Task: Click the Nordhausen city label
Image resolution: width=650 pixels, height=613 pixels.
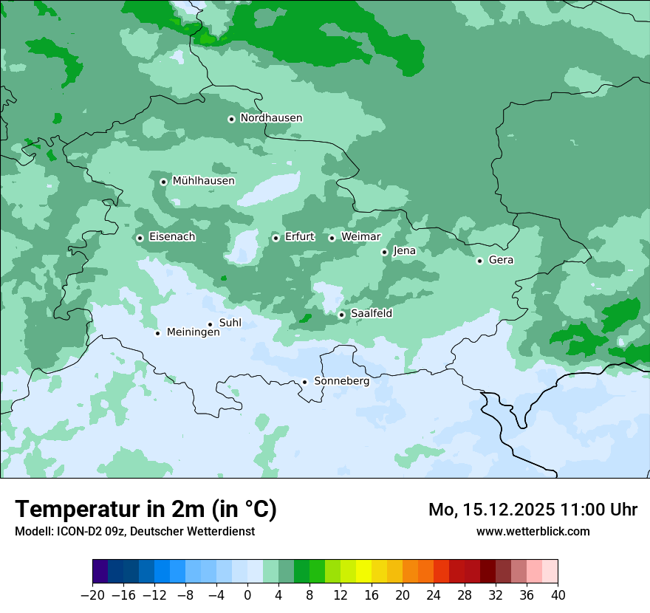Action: tap(271, 118)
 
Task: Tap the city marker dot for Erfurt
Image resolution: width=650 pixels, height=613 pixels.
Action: tap(276, 238)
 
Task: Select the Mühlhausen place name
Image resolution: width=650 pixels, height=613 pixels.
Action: tap(203, 181)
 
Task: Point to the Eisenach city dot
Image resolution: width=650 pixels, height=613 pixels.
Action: tap(140, 238)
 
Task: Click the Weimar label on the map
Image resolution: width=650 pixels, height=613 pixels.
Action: tap(360, 237)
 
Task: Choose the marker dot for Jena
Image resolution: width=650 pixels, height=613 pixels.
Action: tap(384, 252)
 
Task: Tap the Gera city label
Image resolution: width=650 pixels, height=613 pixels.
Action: tap(501, 260)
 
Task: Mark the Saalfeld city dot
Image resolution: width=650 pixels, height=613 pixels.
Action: tap(342, 315)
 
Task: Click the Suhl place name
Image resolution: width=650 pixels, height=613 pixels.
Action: tap(230, 323)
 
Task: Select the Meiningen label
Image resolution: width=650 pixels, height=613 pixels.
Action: tap(193, 333)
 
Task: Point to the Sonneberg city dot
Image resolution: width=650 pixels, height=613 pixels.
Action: tap(304, 382)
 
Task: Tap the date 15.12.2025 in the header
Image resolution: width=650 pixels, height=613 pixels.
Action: tap(518, 510)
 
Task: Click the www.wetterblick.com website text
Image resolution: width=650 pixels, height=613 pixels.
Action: tap(533, 532)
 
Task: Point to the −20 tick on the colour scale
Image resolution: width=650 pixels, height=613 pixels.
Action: tap(93, 595)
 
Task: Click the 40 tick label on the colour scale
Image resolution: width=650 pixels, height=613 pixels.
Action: tap(558, 595)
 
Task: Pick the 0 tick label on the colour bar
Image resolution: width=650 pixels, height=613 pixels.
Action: tap(248, 595)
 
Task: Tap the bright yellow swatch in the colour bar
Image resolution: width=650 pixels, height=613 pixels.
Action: tap(363, 572)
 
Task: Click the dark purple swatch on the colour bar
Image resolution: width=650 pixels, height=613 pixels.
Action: tap(100, 572)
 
